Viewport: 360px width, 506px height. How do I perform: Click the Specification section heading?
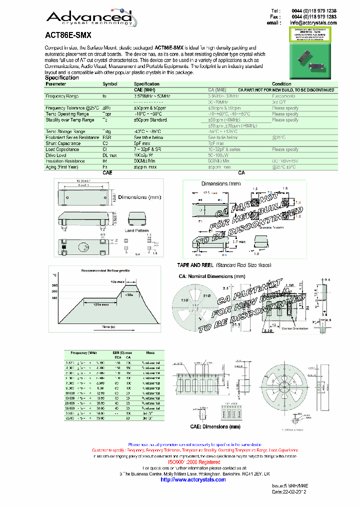[x=62, y=78]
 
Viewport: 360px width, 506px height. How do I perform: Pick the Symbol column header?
[x=110, y=84]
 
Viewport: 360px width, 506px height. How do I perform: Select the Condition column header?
[x=281, y=84]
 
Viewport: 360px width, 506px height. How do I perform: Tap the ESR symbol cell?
[x=106, y=137]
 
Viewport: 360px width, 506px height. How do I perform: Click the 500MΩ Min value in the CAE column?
[x=144, y=161]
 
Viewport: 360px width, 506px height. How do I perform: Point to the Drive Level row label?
[x=56, y=155]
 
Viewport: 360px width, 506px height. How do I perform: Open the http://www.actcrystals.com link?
[x=193, y=479]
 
